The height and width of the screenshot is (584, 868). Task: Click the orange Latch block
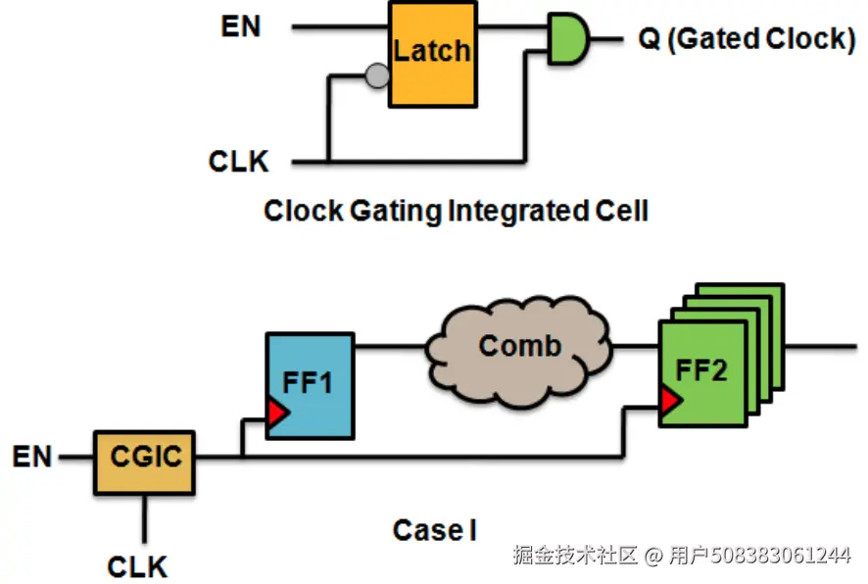coord(433,54)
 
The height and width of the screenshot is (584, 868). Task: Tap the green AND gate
coord(568,39)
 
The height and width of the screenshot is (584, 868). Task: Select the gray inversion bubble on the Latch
coord(377,75)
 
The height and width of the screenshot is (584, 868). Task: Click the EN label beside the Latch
coord(241,26)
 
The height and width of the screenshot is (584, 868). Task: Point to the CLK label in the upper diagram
coord(239,161)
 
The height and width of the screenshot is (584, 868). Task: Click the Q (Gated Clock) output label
coord(747,39)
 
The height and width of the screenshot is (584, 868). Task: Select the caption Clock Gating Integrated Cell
coord(456,211)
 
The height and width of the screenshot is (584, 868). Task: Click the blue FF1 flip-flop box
coord(310,386)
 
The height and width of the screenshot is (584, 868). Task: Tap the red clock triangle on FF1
coord(278,413)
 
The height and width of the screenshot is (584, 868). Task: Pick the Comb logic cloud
coord(519,351)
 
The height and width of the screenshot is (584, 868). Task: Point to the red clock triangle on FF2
coord(671,400)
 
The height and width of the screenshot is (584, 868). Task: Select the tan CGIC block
coord(144,462)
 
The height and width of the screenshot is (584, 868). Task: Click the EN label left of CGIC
coord(32,457)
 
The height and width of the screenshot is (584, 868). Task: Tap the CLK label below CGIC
coord(137,566)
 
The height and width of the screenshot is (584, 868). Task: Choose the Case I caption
coord(435,530)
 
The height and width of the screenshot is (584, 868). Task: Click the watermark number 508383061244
coord(781,555)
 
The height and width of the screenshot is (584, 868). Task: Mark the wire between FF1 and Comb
coord(391,347)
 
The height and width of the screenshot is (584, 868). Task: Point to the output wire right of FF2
coord(821,347)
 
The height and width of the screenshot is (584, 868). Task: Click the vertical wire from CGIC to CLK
coord(144,518)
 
